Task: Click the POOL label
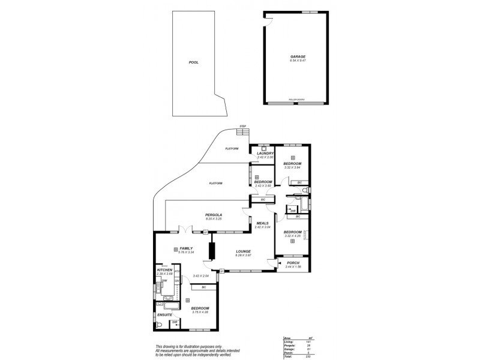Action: point(193,62)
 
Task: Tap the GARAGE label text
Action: point(298,57)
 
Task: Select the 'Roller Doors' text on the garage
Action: point(297,100)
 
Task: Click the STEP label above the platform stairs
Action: point(243,126)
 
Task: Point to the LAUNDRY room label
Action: point(265,153)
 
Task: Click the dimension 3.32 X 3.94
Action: point(292,167)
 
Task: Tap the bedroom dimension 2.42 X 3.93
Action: point(263,185)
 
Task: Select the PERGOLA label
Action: point(214,215)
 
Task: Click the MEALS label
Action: point(263,223)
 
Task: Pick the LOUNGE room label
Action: point(243,251)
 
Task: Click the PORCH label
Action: point(292,262)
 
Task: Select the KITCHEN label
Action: point(164,270)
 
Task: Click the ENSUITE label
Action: point(165,314)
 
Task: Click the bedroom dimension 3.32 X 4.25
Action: point(292,236)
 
